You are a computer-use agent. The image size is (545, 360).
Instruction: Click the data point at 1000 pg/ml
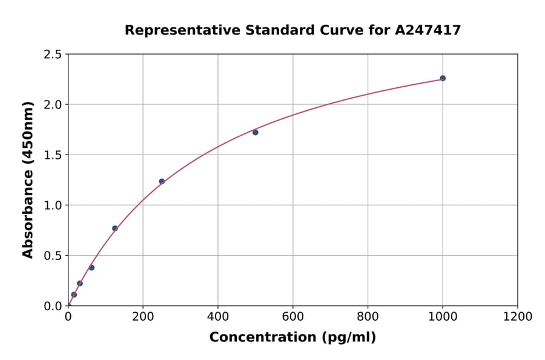coord(443,78)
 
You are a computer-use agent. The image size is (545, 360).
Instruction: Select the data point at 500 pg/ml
coord(256,132)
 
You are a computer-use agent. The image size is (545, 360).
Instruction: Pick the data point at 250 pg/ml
coord(162,181)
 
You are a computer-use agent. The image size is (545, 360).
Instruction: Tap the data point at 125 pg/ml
coord(115,228)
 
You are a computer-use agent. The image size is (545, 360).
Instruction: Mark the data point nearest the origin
coord(74,295)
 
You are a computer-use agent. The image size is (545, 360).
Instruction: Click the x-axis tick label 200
coord(143,316)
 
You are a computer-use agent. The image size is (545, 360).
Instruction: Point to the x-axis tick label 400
coord(218,316)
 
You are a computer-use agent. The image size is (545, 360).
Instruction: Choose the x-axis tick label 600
coord(293,316)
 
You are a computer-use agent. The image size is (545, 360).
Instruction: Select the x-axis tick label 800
coord(368,316)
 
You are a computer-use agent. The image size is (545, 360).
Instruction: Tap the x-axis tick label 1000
coord(443,316)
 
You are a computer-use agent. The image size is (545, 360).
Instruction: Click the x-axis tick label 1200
coord(518,316)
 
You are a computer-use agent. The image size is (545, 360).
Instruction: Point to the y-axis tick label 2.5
coord(53,55)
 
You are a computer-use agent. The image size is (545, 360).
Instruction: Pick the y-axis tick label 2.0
coord(53,105)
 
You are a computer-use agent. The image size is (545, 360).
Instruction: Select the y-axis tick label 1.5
coord(53,155)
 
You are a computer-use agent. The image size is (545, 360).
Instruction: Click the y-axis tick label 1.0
coord(53,205)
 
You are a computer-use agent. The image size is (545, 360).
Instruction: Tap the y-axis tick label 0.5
coord(53,256)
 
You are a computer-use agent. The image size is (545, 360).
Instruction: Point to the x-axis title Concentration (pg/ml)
coord(292,338)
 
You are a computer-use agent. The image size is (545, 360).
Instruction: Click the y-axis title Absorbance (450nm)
coord(28,180)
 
